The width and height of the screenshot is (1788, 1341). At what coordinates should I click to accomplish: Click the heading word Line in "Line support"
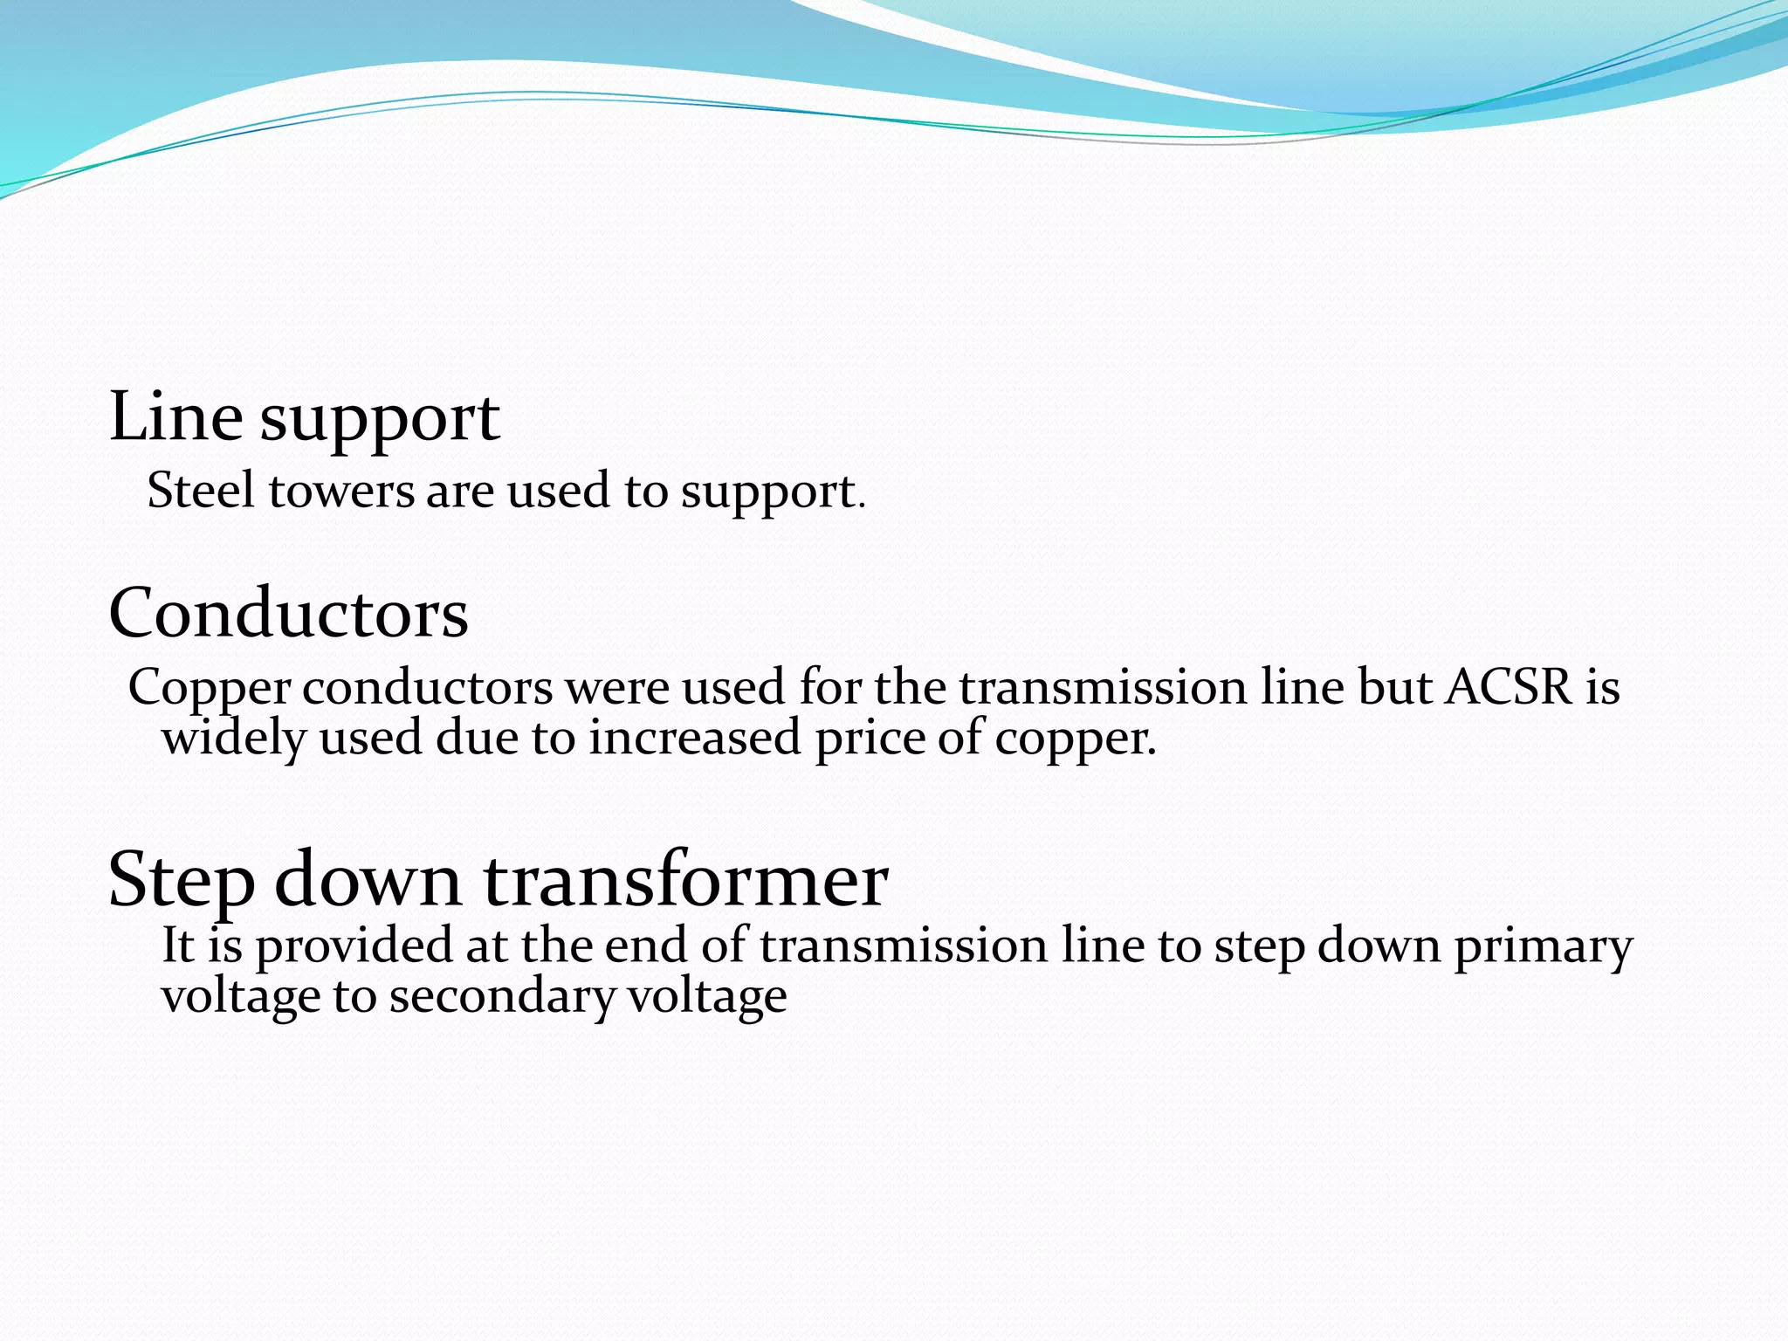(175, 417)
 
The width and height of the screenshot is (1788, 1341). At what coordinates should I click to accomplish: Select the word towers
(340, 491)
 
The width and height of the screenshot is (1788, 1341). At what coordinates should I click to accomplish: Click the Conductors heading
(288, 613)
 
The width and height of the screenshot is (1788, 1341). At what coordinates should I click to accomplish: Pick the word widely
(234, 738)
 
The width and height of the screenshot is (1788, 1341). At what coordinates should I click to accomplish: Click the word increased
(694, 738)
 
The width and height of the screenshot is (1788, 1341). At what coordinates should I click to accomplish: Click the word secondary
(502, 997)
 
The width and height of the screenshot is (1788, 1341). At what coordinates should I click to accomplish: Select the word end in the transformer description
(645, 946)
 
